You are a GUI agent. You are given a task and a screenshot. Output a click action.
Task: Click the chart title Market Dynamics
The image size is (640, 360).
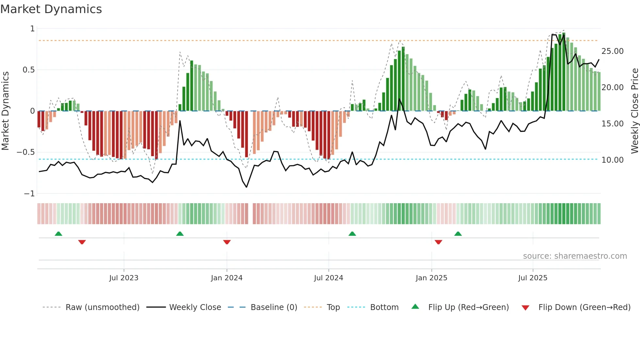51,9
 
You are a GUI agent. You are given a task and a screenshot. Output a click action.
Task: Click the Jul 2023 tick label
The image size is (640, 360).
124,278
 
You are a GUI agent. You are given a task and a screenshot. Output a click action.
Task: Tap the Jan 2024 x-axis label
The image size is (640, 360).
227,278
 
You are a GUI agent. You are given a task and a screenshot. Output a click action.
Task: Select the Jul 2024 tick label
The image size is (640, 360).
328,278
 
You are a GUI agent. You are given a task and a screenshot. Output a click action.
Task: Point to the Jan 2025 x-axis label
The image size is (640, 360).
431,278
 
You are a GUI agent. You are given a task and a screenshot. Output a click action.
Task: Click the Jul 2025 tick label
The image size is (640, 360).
533,278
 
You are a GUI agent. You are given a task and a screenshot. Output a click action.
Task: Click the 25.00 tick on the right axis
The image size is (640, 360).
612,51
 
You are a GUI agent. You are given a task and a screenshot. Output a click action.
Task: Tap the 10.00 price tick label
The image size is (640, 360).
612,160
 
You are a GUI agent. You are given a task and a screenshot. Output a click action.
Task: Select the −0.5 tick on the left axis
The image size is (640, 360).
25,152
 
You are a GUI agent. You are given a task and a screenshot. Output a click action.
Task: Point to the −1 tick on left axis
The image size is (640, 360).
29,194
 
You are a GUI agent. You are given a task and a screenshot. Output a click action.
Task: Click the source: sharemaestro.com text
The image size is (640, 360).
575,256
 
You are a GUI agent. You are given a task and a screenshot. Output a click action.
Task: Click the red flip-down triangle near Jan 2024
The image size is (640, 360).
227,242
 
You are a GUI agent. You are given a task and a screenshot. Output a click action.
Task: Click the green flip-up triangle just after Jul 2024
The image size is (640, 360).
352,234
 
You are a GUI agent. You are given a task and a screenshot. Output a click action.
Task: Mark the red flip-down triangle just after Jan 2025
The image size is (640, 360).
439,242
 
